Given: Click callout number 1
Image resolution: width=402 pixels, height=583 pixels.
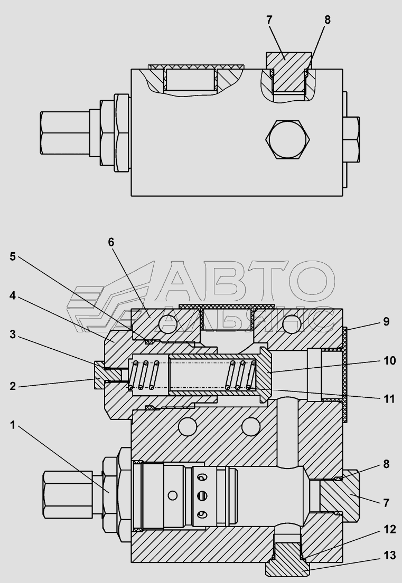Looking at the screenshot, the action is pyautogui.click(x=13, y=425).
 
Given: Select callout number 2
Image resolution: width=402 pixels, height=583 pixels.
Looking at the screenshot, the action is pyautogui.click(x=13, y=386).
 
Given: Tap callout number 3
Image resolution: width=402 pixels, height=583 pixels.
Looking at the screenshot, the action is pyautogui.click(x=13, y=334).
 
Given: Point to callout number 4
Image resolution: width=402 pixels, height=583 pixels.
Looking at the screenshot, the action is pyautogui.click(x=13, y=296).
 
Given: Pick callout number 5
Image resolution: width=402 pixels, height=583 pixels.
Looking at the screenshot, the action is pyautogui.click(x=13, y=257).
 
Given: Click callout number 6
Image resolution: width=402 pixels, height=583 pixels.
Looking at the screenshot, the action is pyautogui.click(x=111, y=242).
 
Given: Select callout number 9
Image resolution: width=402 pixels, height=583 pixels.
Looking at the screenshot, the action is pyautogui.click(x=386, y=322).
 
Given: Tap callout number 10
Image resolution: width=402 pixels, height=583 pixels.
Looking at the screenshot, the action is pyautogui.click(x=390, y=361).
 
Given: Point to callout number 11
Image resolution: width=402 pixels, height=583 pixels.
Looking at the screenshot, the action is pyautogui.click(x=389, y=399).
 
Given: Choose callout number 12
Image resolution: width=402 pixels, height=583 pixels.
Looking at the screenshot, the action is pyautogui.click(x=390, y=530).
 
